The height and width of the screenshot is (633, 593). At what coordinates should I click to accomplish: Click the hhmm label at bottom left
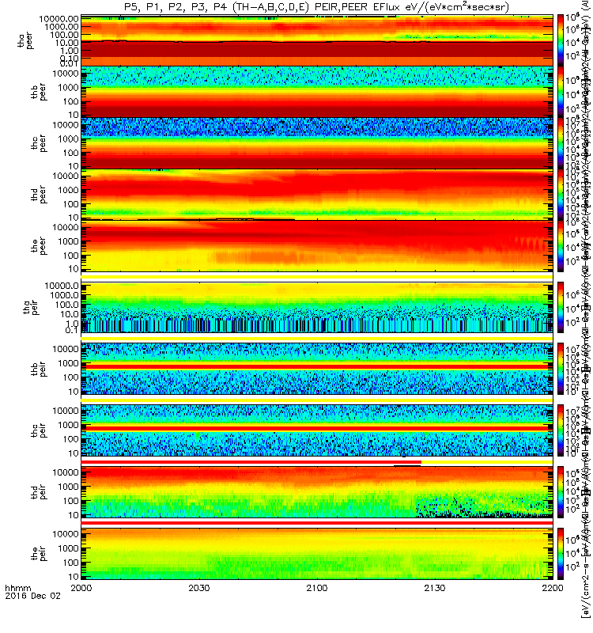coord(17,611)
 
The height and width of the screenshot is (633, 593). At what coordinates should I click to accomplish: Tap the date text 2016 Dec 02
coord(28,620)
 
